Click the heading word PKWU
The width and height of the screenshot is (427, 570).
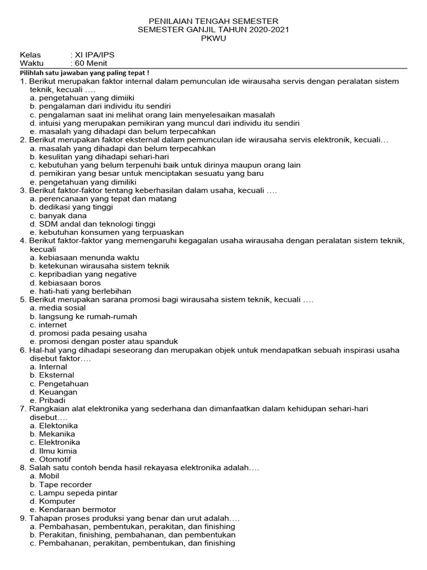[213, 38]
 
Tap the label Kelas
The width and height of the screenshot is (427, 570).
[31, 55]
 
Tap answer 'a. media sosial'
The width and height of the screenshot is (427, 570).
[58, 308]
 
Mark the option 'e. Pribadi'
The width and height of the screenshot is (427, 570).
[48, 400]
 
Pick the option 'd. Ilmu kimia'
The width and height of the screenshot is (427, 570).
[53, 451]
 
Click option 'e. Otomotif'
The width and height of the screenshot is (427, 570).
[51, 459]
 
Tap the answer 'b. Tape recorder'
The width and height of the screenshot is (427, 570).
[61, 484]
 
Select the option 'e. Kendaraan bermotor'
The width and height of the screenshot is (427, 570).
[73, 509]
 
